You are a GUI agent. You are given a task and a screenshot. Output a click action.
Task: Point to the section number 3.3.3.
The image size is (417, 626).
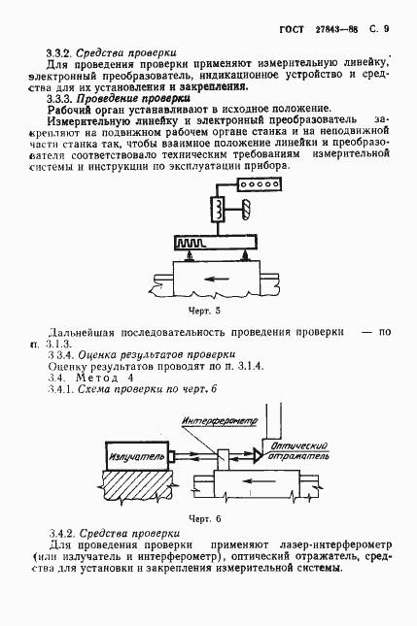[x=60, y=98]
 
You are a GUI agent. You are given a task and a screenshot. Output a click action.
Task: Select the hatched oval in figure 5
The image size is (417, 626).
[x=246, y=209]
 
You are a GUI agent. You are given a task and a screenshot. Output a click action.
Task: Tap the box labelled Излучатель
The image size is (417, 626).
[x=132, y=454]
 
